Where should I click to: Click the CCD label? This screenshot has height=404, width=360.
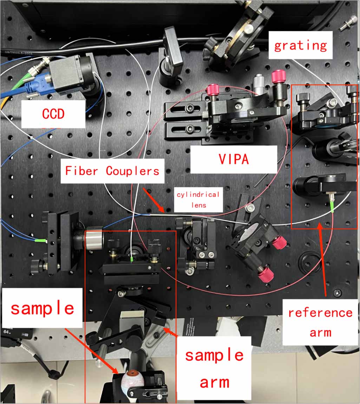53,114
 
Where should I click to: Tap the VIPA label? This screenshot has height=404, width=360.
234,159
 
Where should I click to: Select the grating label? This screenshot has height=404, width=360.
300,45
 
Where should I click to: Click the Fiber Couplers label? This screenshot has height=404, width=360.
112,171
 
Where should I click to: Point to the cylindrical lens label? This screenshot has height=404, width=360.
198,199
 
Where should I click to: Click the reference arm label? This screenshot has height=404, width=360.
320,322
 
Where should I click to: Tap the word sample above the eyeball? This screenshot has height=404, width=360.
42,308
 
